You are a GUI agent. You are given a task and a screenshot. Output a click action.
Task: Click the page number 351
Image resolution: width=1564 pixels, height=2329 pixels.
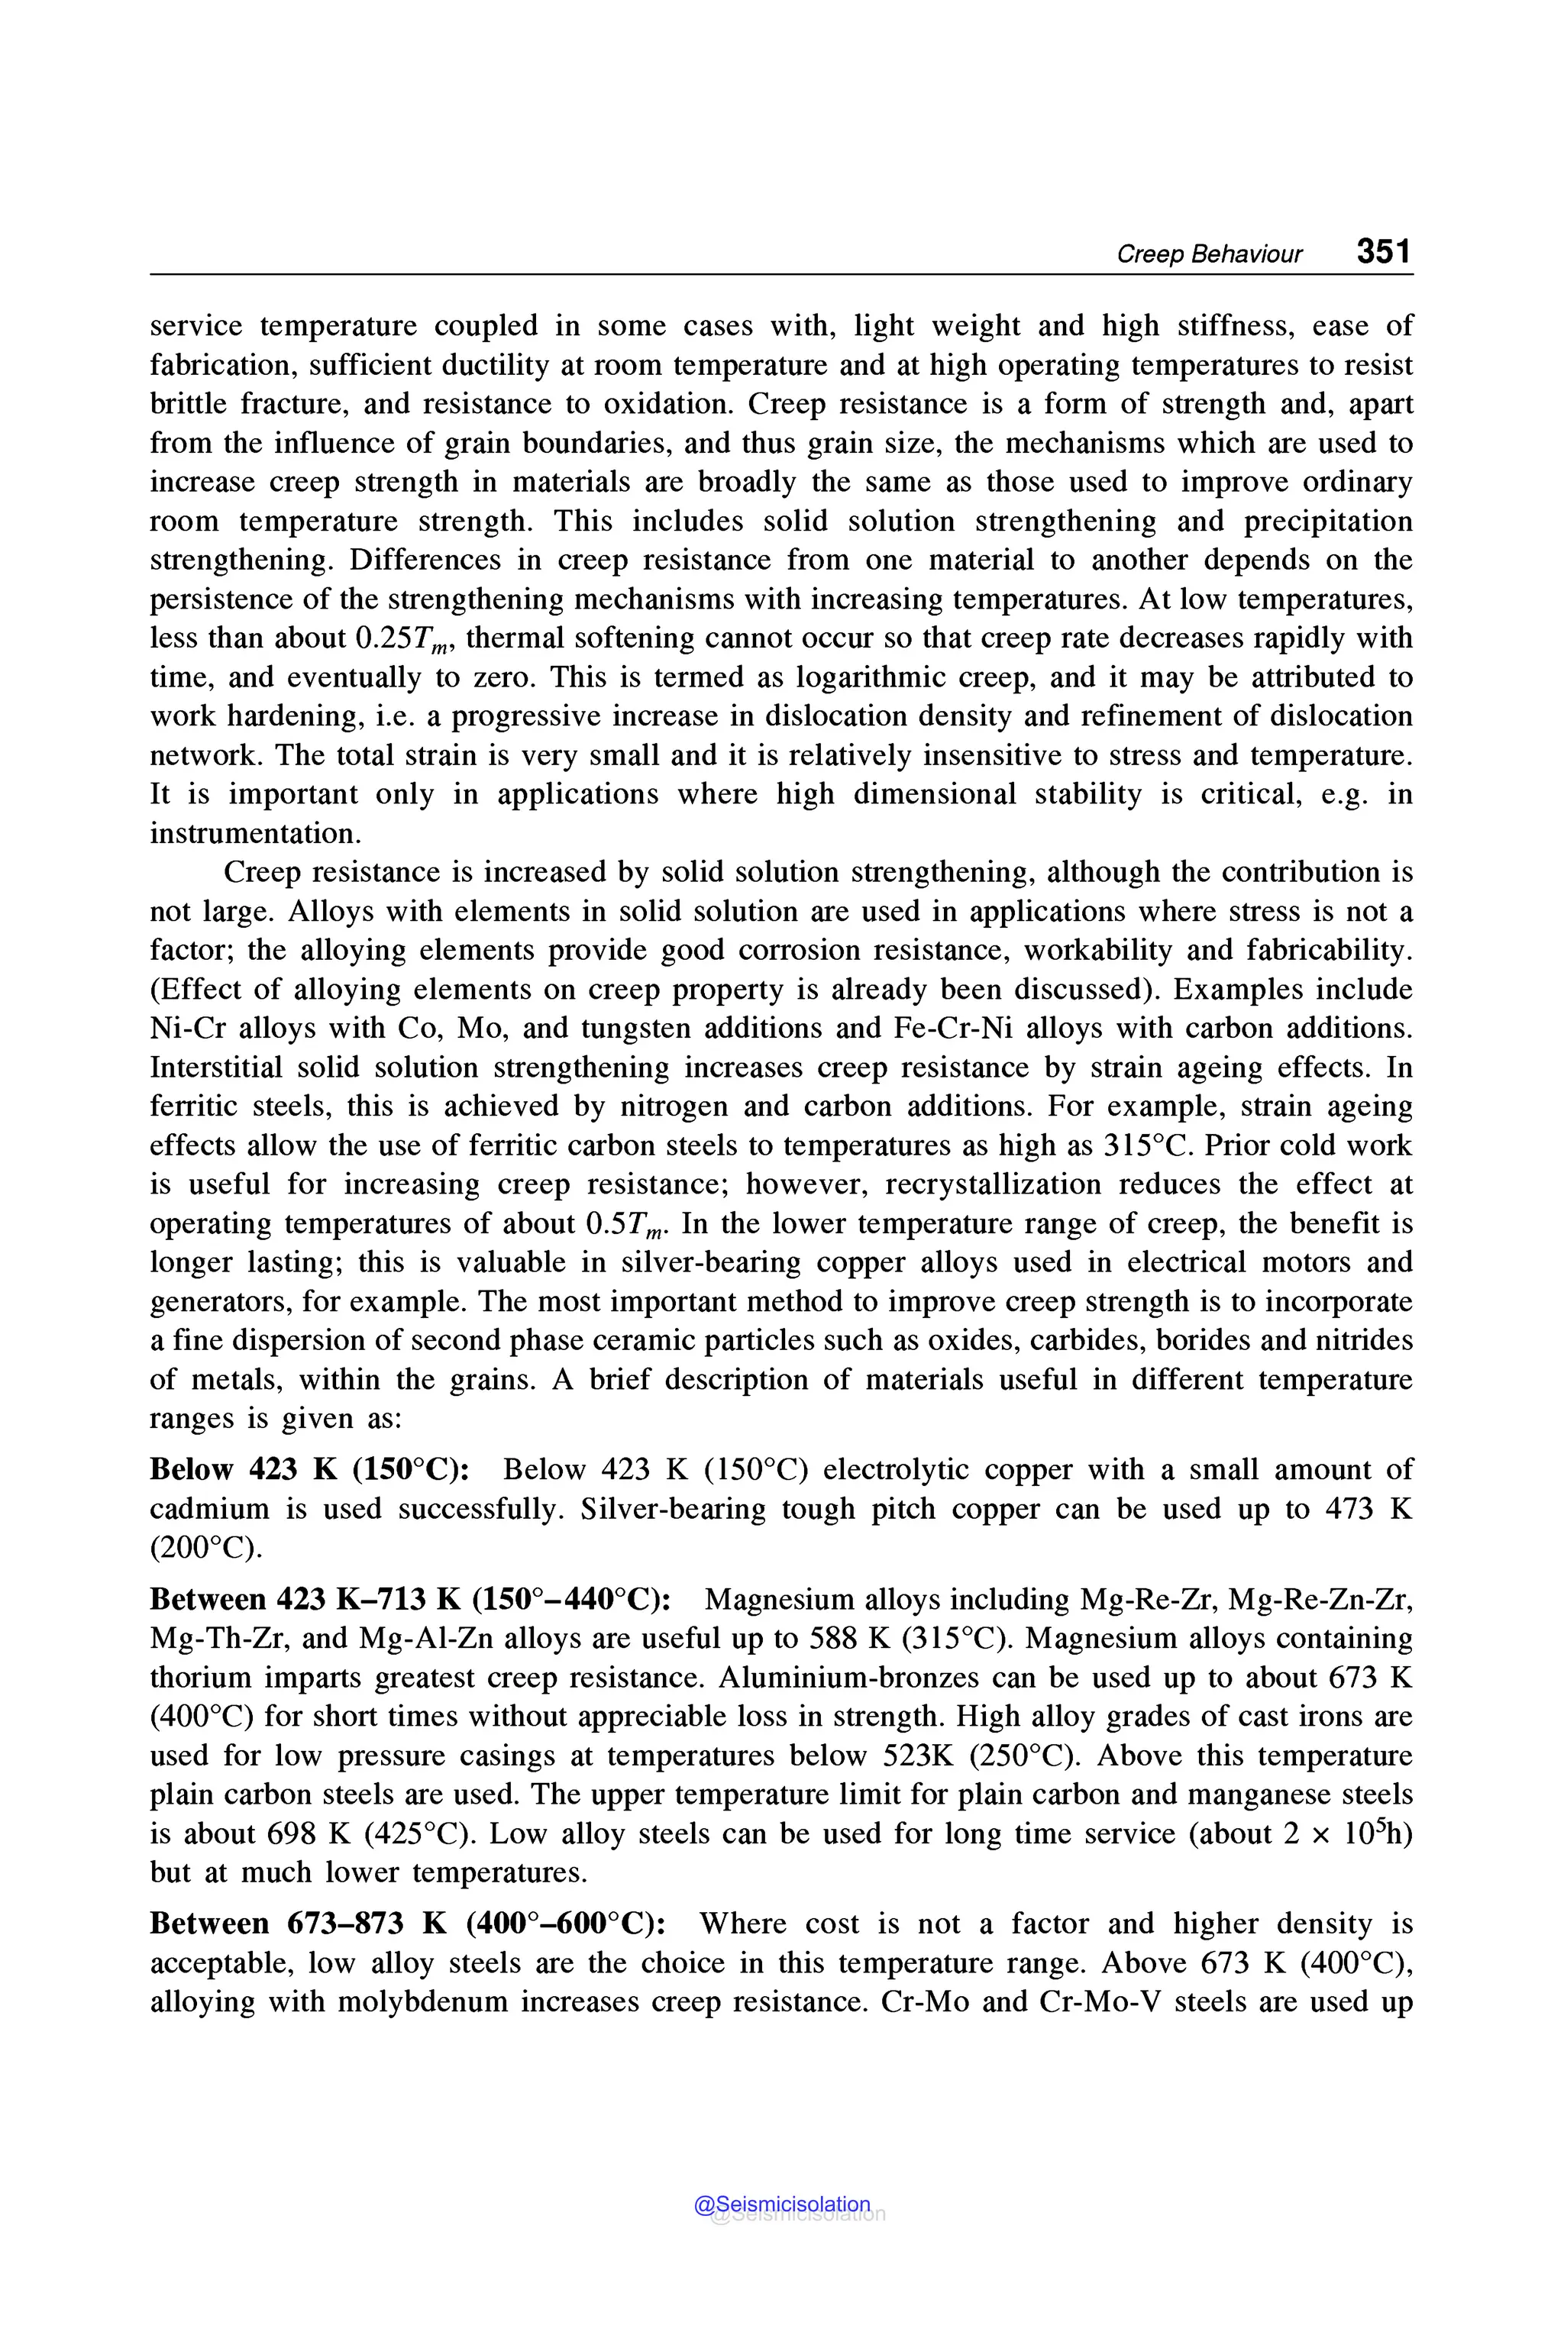coord(1384,251)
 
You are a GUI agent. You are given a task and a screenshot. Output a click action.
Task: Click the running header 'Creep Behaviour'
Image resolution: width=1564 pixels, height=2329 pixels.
coord(1209,254)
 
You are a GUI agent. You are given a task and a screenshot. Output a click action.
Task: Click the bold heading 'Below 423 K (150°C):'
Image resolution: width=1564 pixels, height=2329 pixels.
coord(310,1470)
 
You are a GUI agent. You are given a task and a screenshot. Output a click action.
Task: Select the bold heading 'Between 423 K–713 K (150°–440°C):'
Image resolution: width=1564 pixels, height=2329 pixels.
coord(410,1600)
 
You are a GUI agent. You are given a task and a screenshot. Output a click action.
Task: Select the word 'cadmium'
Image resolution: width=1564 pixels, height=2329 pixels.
coord(209,1509)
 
